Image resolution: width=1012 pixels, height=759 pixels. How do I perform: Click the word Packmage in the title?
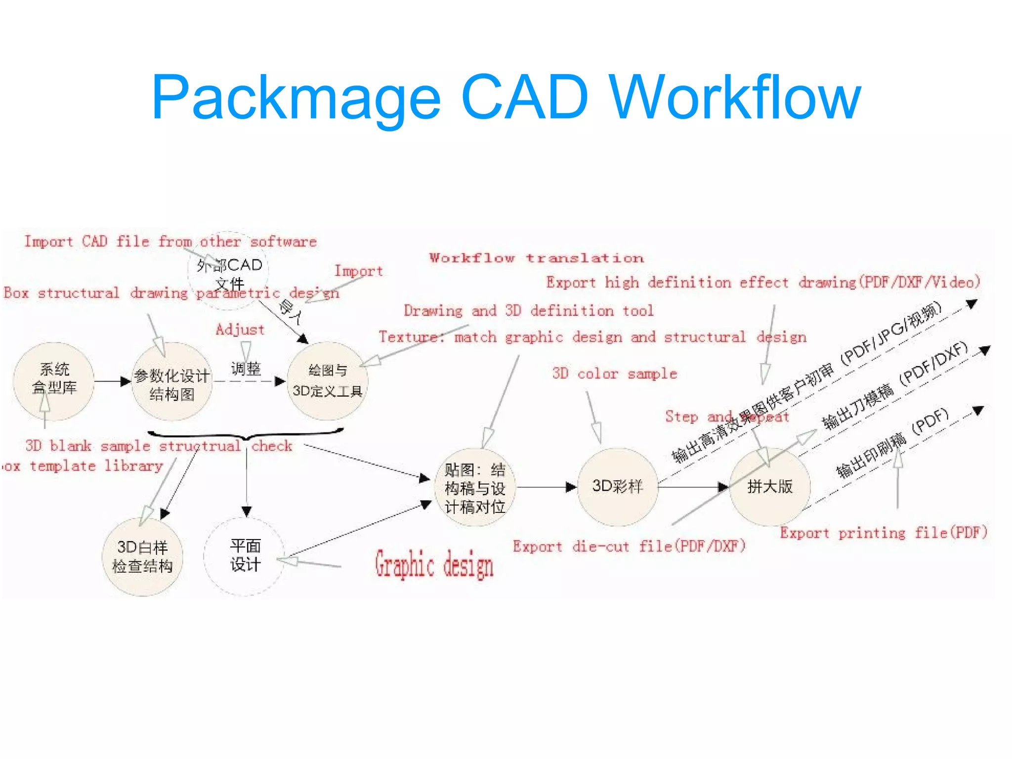coord(295,97)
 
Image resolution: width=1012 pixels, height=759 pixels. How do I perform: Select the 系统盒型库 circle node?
coord(54,381)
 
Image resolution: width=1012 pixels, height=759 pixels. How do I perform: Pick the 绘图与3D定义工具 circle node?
coord(327,381)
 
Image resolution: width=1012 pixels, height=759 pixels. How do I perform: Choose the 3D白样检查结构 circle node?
coord(142,557)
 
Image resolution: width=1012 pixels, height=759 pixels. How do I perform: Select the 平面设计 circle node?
coord(245,556)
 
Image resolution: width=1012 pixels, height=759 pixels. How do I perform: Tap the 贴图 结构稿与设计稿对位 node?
coord(474,488)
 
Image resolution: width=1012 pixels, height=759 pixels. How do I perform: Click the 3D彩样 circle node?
coord(617,487)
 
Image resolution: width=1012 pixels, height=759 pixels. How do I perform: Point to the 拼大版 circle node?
coord(769,487)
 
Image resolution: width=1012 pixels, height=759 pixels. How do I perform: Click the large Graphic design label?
coord(434,564)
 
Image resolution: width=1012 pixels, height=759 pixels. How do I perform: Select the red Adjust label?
coord(240,330)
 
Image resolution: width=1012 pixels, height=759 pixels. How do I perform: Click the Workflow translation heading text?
coord(536,258)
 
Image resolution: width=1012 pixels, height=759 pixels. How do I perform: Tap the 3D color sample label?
coord(614,374)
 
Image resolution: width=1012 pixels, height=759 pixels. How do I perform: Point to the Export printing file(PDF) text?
coord(883,533)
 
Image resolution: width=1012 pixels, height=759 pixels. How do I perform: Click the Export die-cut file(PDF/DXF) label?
coord(629,546)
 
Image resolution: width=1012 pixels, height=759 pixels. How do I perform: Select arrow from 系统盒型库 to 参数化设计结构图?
coord(112,381)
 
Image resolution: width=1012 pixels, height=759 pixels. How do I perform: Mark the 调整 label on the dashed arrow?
coord(246,369)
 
